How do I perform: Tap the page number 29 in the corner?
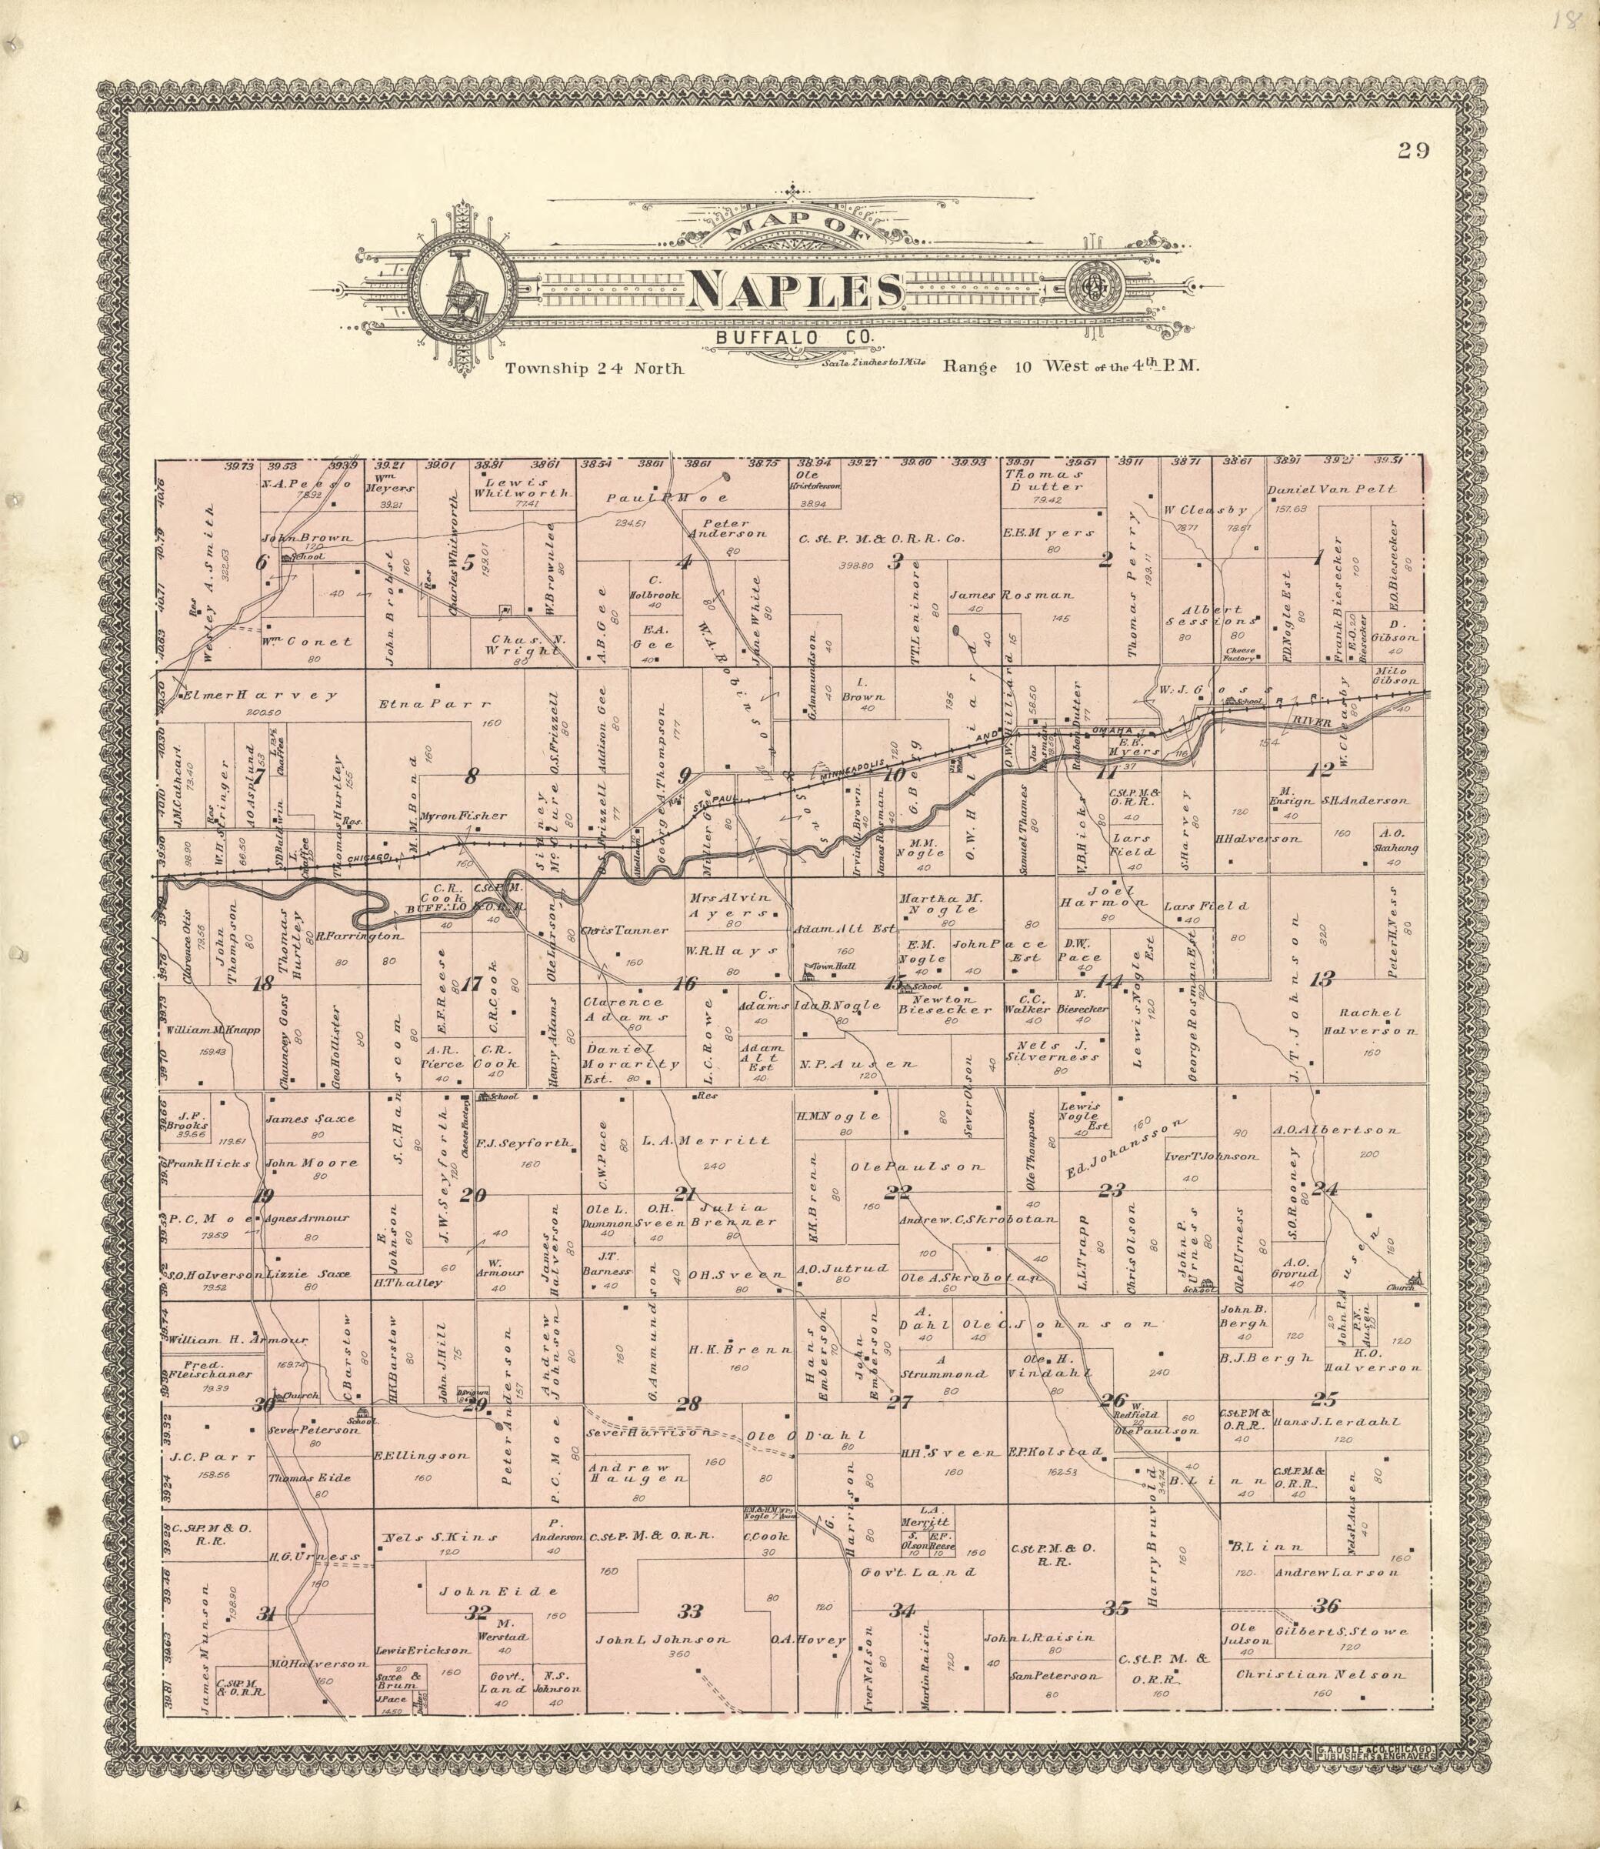click(1413, 150)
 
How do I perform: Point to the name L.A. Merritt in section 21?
click(705, 1140)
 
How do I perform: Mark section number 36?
click(1327, 1605)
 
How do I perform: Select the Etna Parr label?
click(435, 703)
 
